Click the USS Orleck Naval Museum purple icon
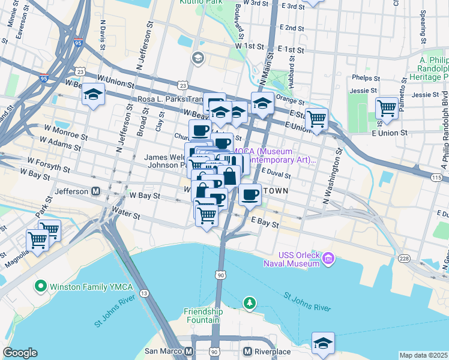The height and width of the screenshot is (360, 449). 328,259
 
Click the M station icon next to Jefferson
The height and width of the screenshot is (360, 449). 95,192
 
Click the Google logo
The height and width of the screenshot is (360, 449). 20,353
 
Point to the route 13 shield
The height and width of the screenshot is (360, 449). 145,293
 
